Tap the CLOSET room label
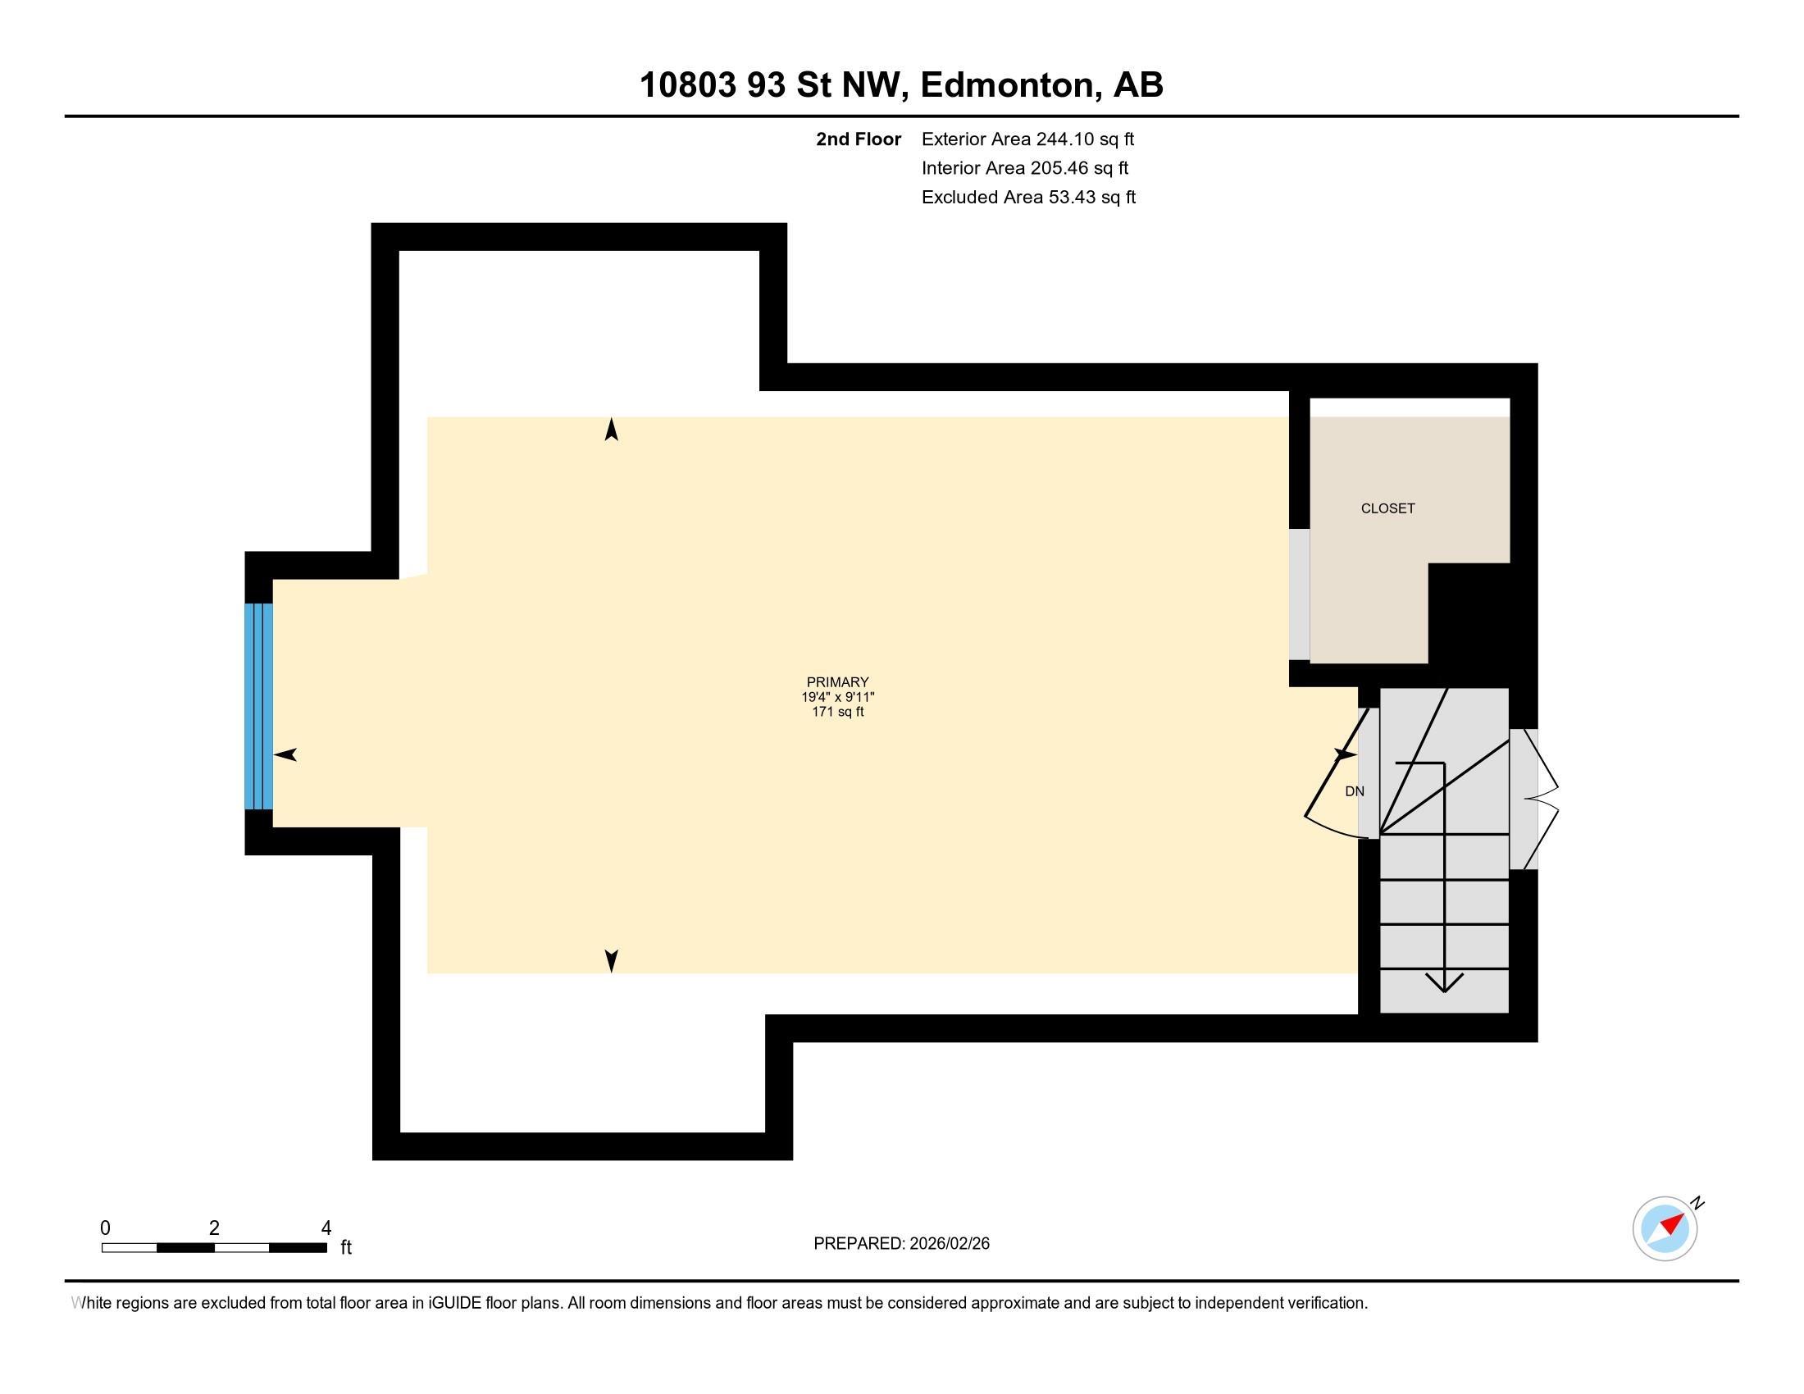pyautogui.click(x=1387, y=508)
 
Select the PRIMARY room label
pyautogui.click(x=837, y=682)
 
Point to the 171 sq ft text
pyautogui.click(x=837, y=712)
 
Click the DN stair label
pyautogui.click(x=1355, y=791)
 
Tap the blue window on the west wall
pyautogui.click(x=258, y=706)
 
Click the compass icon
pyautogui.click(x=1665, y=1228)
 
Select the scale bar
pyautogui.click(x=214, y=1248)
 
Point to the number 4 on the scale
pyautogui.click(x=326, y=1228)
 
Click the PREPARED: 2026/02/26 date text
pyautogui.click(x=901, y=1244)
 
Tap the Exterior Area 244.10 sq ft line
pyautogui.click(x=1027, y=139)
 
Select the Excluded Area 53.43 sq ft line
pyautogui.click(x=1028, y=197)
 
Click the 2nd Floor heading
pyautogui.click(x=859, y=139)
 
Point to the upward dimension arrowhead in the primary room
pyautogui.click(x=611, y=430)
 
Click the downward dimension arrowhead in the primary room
pyautogui.click(x=611, y=961)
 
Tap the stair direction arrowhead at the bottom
pyautogui.click(x=1444, y=982)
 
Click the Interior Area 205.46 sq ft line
pyautogui.click(x=1024, y=167)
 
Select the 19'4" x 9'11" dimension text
pyautogui.click(x=837, y=697)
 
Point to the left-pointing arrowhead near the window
pyautogui.click(x=285, y=754)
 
